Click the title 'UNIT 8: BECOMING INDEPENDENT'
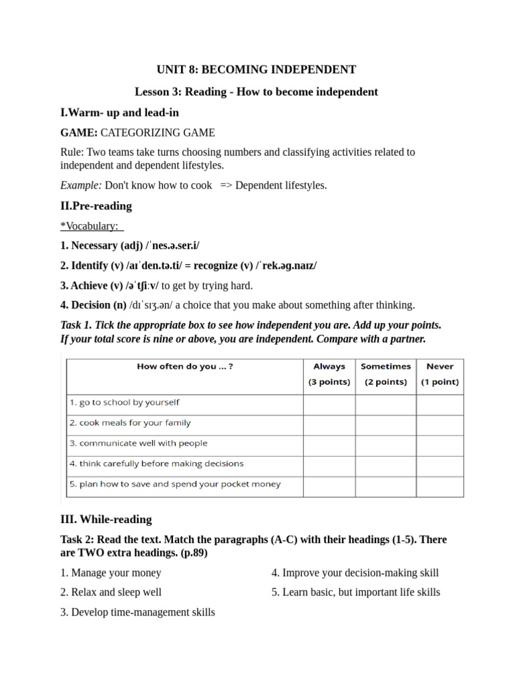[256, 70]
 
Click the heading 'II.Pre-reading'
[96, 205]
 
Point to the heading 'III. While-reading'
[106, 519]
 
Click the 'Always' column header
[329, 367]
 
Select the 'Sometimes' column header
[385, 367]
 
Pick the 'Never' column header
[440, 367]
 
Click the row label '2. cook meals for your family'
[130, 423]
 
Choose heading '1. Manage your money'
[111, 573]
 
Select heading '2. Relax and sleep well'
[111, 592]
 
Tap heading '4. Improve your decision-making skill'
[355, 573]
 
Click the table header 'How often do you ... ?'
[185, 367]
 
